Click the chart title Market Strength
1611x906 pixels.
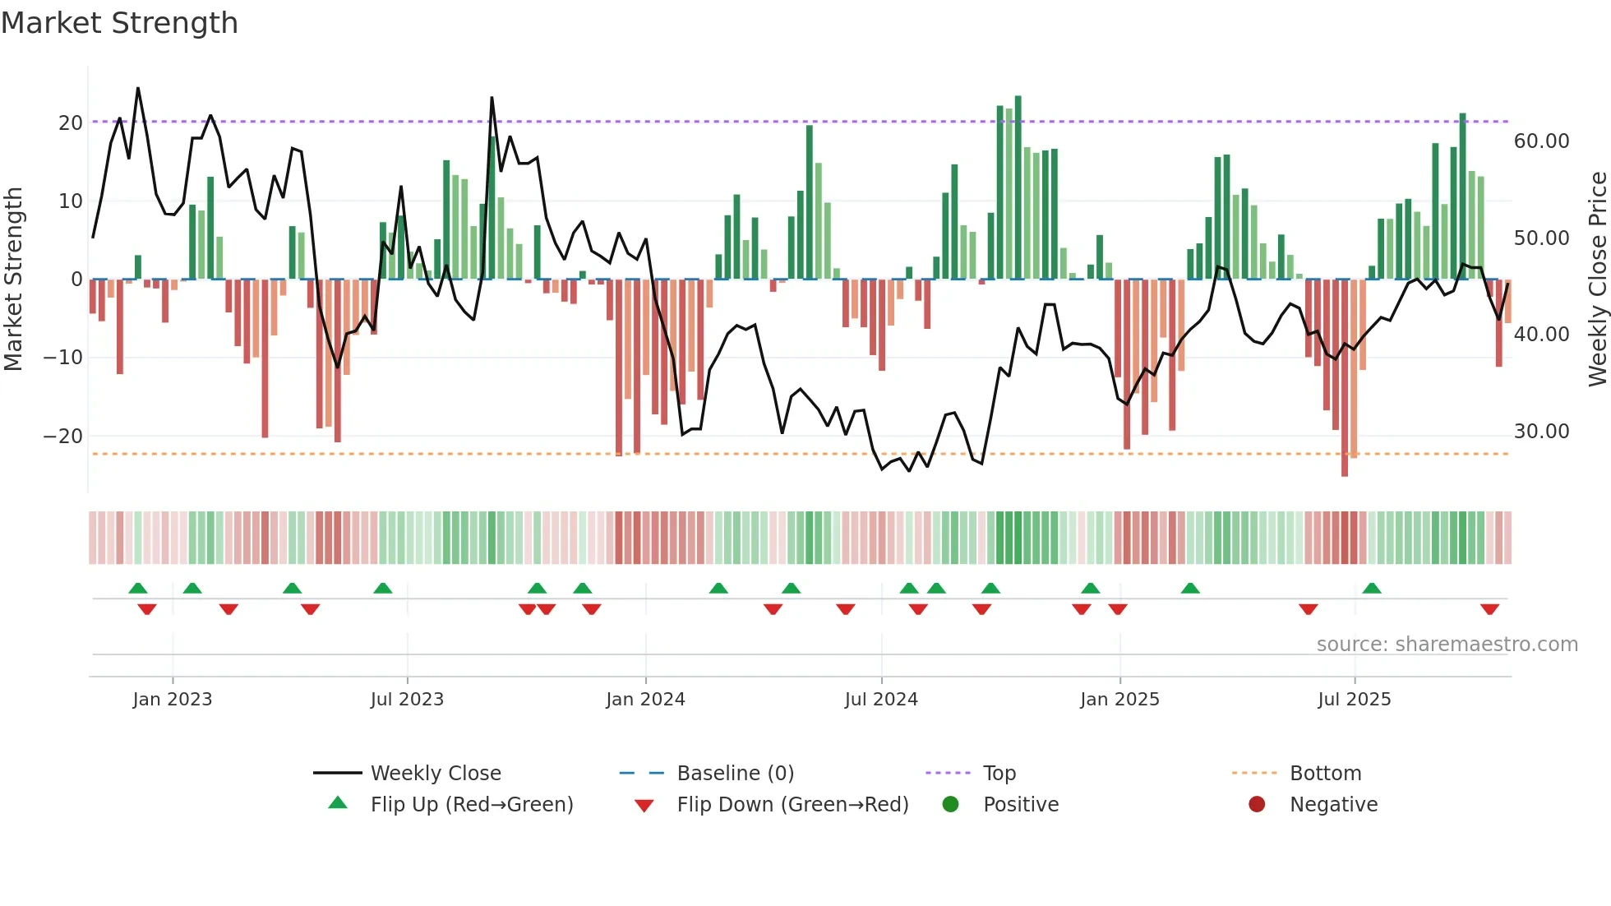[119, 23]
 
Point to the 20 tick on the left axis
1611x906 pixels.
[71, 123]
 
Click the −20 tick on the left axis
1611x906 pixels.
[63, 437]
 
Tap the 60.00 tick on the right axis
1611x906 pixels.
[1541, 141]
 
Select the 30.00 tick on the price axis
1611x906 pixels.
[1541, 432]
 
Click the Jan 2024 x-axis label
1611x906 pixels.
[645, 700]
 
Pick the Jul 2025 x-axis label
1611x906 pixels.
[1354, 700]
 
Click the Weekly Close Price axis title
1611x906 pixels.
[1597, 280]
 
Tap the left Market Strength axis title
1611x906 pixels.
[13, 280]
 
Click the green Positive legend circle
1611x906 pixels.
[951, 805]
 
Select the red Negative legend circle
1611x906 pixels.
[1257, 805]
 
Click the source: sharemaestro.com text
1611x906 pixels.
[1447, 645]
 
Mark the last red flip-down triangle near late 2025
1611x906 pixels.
[1489, 609]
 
